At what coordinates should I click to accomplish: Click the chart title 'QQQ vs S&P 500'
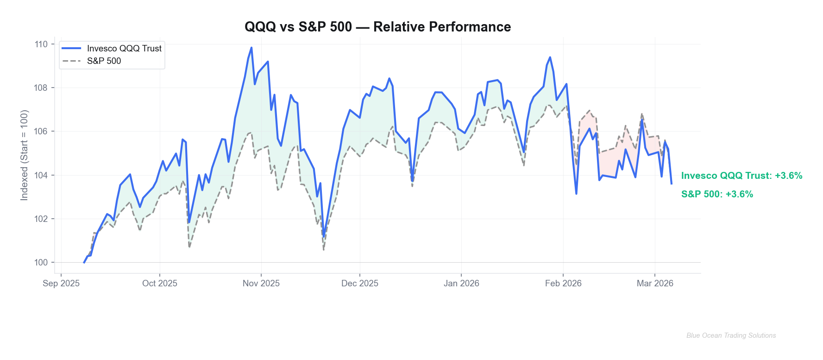click(377, 27)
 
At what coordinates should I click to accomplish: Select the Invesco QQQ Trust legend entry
click(124, 48)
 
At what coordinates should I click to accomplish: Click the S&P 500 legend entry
click(104, 61)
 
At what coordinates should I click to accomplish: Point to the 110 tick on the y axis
click(41, 44)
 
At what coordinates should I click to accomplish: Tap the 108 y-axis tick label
click(41, 88)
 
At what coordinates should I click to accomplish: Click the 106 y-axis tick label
click(41, 132)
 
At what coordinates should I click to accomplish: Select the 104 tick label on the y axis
click(41, 175)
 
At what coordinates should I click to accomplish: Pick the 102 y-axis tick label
click(41, 219)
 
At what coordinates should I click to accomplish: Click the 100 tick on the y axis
click(41, 262)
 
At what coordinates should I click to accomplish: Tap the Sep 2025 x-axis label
click(61, 284)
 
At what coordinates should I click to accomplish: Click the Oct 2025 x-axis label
click(160, 284)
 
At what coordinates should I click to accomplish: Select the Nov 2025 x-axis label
click(261, 284)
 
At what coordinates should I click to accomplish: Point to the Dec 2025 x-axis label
click(360, 284)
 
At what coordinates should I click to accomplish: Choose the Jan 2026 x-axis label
click(461, 284)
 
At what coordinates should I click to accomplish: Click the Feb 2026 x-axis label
click(563, 284)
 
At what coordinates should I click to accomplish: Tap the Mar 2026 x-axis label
click(655, 284)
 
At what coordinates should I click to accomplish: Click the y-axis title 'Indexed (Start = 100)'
click(24, 155)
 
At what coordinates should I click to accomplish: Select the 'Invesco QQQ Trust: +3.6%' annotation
click(741, 176)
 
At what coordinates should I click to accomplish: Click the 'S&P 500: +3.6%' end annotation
click(717, 194)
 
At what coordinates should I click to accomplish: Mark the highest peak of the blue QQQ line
click(251, 48)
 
